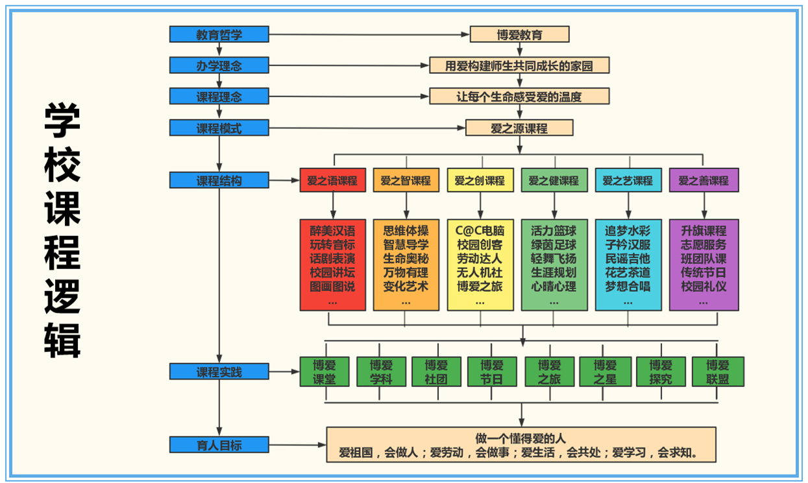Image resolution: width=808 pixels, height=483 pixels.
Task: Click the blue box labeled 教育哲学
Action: (219, 34)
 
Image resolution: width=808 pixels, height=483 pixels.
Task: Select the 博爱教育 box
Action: (519, 34)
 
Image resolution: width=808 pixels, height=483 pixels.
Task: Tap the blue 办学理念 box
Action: (219, 65)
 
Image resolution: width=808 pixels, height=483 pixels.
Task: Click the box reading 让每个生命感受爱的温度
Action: (519, 97)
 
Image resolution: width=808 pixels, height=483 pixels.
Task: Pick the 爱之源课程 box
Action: (519, 128)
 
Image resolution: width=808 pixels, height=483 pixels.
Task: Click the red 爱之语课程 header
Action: (332, 181)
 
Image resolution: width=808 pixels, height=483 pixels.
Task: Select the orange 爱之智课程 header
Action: (406, 181)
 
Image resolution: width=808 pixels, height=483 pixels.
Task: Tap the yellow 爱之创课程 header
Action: (480, 181)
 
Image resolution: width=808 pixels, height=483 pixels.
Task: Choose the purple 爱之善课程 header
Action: (704, 181)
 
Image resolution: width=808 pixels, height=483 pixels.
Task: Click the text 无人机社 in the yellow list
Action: (480, 272)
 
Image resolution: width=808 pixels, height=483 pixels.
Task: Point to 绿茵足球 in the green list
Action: (554, 244)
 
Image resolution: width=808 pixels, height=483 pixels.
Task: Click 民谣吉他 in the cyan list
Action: (628, 258)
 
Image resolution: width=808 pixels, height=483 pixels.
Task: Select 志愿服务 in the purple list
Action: (704, 244)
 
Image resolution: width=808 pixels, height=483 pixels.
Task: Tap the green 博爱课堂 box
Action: (324, 371)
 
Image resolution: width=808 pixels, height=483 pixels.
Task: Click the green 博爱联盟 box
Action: (718, 371)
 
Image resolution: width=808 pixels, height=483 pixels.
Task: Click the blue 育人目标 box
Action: (219, 445)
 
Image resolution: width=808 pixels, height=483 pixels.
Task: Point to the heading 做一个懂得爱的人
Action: (520, 438)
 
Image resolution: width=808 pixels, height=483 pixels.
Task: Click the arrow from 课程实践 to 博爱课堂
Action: (284, 372)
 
